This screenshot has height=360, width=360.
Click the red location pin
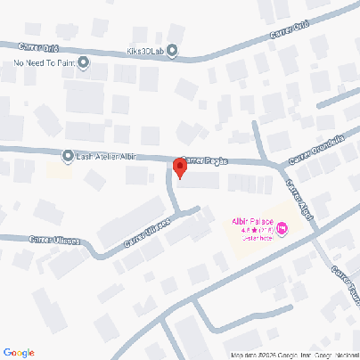179,168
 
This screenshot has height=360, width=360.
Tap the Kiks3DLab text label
146,50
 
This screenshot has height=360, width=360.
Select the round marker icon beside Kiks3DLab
172,50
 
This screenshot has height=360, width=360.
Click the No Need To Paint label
44,63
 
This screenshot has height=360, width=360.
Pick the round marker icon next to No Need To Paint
83,62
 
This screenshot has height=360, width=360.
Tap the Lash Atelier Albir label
110,156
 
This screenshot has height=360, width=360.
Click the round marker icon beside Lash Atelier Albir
68,156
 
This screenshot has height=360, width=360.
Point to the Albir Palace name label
252,220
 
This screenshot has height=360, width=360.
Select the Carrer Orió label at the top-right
289,33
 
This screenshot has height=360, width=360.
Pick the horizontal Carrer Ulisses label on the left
54,239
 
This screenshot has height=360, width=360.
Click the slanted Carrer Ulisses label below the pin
147,233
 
